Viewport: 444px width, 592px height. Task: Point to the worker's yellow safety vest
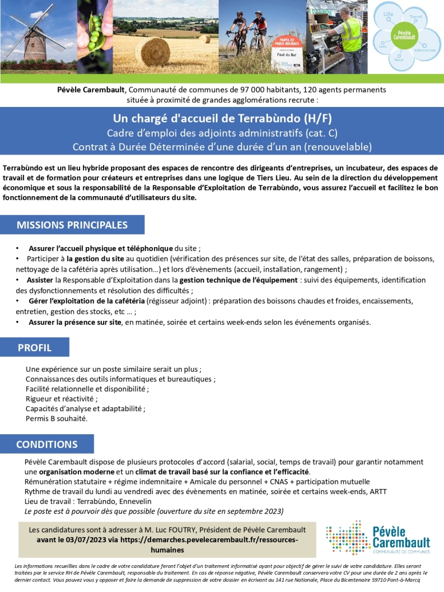pyautogui.click(x=351, y=34)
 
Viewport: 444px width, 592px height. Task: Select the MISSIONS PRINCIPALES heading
pyautogui.click(x=72, y=225)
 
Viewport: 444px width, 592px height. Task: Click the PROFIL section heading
pyautogui.click(x=34, y=347)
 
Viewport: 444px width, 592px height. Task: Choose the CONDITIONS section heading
pyautogui.click(x=47, y=444)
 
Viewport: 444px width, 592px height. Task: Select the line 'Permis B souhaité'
pyautogui.click(x=57, y=419)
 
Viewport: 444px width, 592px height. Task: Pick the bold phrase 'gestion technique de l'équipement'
pyautogui.click(x=239, y=280)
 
